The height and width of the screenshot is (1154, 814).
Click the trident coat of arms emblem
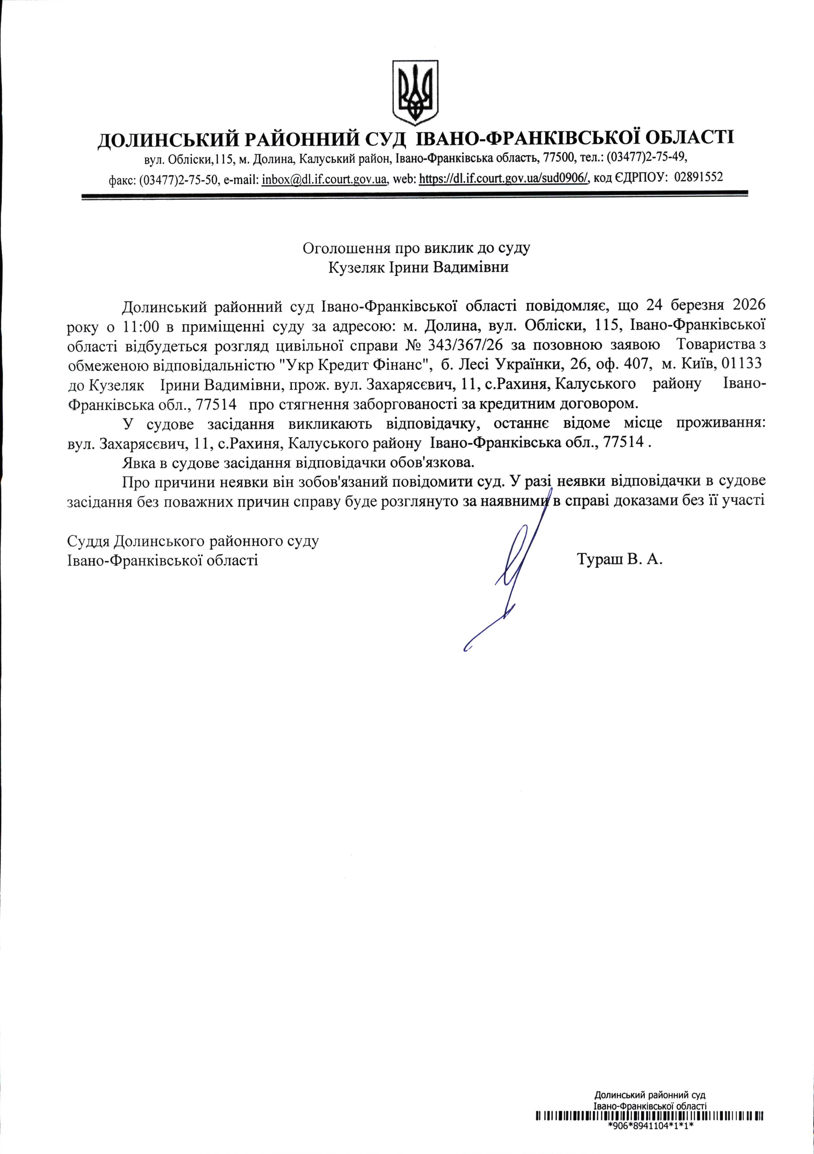coord(415,92)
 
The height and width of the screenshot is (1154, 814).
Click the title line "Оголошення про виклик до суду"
coord(417,248)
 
